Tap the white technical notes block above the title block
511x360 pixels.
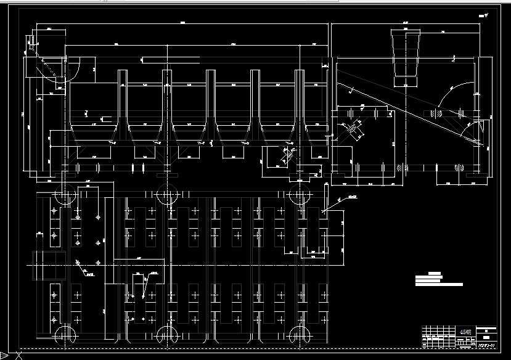pyautogui.click(x=438, y=279)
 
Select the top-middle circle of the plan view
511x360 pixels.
pyautogui.click(x=166, y=195)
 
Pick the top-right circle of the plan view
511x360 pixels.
pyautogui.click(x=299, y=195)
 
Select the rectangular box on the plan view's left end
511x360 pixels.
pyautogui.click(x=49, y=264)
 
